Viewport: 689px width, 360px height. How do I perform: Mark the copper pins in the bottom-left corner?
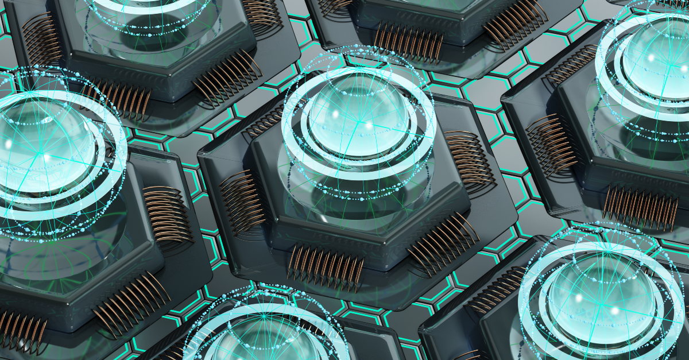tap(23, 333)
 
